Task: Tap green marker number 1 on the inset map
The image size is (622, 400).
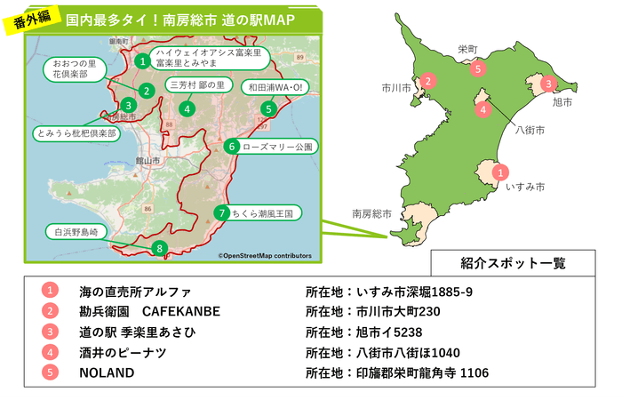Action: tap(142, 60)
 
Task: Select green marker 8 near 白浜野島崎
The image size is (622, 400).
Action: tap(159, 248)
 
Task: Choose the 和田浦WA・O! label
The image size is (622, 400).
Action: tap(274, 87)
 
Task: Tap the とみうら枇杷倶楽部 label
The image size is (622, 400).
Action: tap(76, 132)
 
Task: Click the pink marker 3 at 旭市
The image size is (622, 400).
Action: tap(549, 84)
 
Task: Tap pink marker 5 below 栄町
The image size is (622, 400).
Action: tap(478, 68)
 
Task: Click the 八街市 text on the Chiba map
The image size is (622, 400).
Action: tap(530, 130)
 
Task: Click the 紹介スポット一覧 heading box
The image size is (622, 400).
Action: tap(514, 263)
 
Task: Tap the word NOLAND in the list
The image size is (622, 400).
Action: tap(107, 373)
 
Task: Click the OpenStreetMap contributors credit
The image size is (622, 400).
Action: tap(265, 255)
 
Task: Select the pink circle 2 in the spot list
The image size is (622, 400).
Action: tap(51, 311)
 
